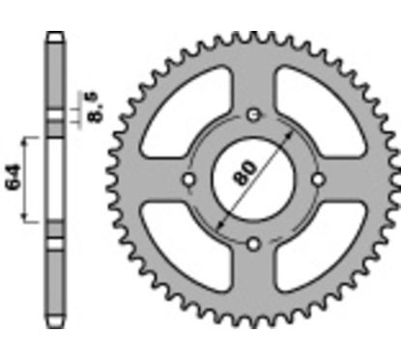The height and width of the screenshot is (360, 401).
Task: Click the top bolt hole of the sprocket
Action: (254, 115)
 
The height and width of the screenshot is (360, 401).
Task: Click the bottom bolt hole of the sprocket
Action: (254, 244)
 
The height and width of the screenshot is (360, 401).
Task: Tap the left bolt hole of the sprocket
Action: (188, 180)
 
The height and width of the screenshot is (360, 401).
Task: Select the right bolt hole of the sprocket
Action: (319, 180)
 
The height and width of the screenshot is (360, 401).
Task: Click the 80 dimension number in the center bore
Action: (245, 174)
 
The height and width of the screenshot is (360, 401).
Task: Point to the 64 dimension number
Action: (14, 178)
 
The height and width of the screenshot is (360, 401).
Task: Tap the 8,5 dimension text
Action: (97, 107)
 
